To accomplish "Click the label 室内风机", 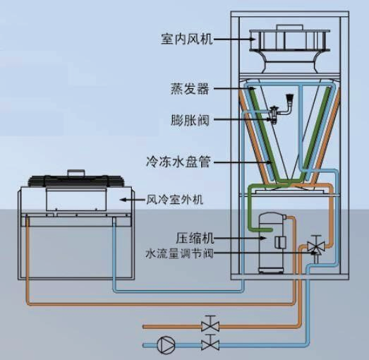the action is click(187, 39).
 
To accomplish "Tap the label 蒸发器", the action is click(190, 89).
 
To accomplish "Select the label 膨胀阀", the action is click(190, 120).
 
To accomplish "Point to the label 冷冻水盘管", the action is click(178, 162).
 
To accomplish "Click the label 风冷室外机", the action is click(174, 200).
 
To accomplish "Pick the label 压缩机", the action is click(195, 238).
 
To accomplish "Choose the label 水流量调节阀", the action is click(179, 254).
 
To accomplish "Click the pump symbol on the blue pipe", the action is click(166, 345).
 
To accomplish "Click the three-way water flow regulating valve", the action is click(316, 247).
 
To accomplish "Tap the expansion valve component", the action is click(282, 109).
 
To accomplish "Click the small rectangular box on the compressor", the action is click(280, 243).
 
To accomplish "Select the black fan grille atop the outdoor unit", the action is click(75, 181).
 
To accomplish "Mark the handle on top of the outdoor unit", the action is click(75, 172).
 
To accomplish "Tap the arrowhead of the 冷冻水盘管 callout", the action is click(270, 162).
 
